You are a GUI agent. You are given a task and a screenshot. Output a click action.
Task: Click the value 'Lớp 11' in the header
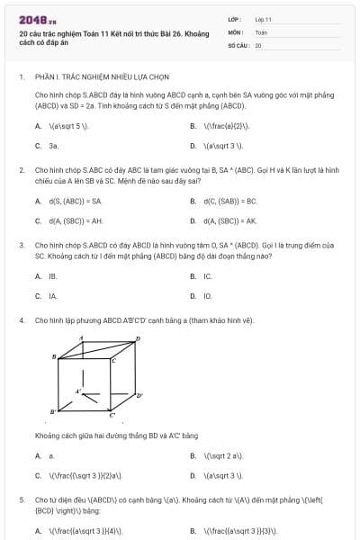pyautogui.click(x=264, y=18)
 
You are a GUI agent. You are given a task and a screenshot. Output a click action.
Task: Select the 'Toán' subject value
pyautogui.click(x=262, y=31)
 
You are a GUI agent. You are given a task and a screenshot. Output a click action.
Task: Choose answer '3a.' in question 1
pyautogui.click(x=54, y=145)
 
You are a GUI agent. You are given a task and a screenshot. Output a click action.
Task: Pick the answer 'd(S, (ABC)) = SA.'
pyautogui.click(x=76, y=201)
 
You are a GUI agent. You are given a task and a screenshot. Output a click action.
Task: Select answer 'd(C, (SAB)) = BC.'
pyautogui.click(x=230, y=201)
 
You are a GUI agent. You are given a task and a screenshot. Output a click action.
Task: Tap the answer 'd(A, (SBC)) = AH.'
pyautogui.click(x=76, y=220)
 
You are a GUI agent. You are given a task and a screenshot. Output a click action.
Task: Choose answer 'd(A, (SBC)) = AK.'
pyautogui.click(x=230, y=220)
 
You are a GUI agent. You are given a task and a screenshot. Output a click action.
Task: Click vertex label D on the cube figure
pyautogui.click(x=138, y=338)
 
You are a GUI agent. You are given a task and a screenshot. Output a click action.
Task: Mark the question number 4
pyautogui.click(x=21, y=319)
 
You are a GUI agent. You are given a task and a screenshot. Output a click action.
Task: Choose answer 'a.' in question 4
pyautogui.click(x=51, y=456)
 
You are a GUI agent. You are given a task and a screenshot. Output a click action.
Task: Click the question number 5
pyautogui.click(x=21, y=498)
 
